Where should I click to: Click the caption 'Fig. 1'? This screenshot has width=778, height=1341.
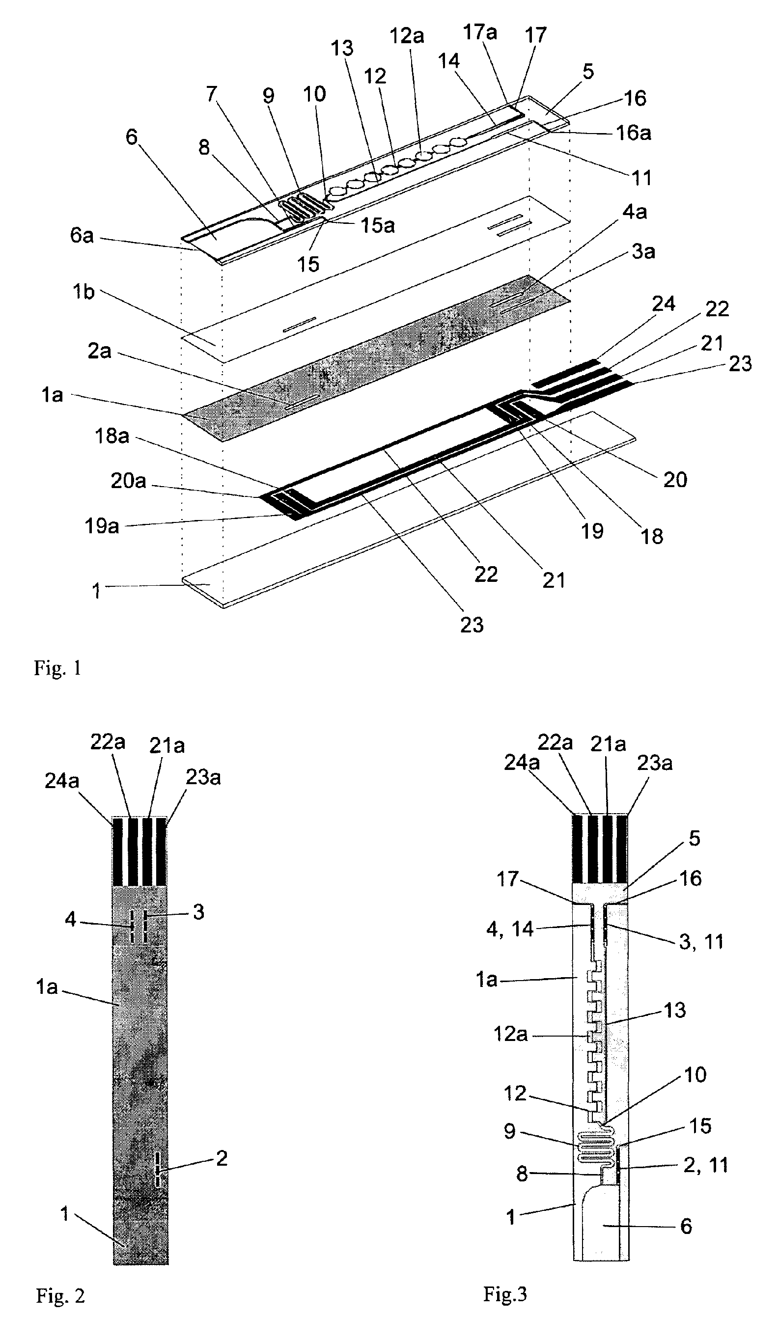(x=57, y=668)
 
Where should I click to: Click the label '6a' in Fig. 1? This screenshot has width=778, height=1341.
(x=82, y=235)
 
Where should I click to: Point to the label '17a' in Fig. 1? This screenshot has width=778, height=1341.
(x=479, y=32)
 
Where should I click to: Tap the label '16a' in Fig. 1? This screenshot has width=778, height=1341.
(x=633, y=133)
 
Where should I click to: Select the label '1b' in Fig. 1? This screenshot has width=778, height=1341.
(x=83, y=292)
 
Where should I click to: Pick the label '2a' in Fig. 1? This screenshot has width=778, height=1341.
(x=100, y=351)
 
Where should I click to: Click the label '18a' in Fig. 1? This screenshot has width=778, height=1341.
(x=112, y=437)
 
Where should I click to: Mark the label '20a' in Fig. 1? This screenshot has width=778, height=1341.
(x=128, y=481)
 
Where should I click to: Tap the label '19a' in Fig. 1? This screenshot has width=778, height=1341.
(x=102, y=526)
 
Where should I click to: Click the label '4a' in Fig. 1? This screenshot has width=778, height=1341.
(x=634, y=212)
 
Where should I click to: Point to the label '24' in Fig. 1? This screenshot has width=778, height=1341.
(x=663, y=304)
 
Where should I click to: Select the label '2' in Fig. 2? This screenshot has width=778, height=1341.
(x=222, y=1158)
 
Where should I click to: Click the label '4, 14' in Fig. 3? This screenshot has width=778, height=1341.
(x=509, y=929)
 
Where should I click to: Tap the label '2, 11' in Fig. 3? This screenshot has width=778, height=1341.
(x=705, y=1165)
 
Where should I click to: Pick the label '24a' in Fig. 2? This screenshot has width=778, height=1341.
(x=62, y=781)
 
